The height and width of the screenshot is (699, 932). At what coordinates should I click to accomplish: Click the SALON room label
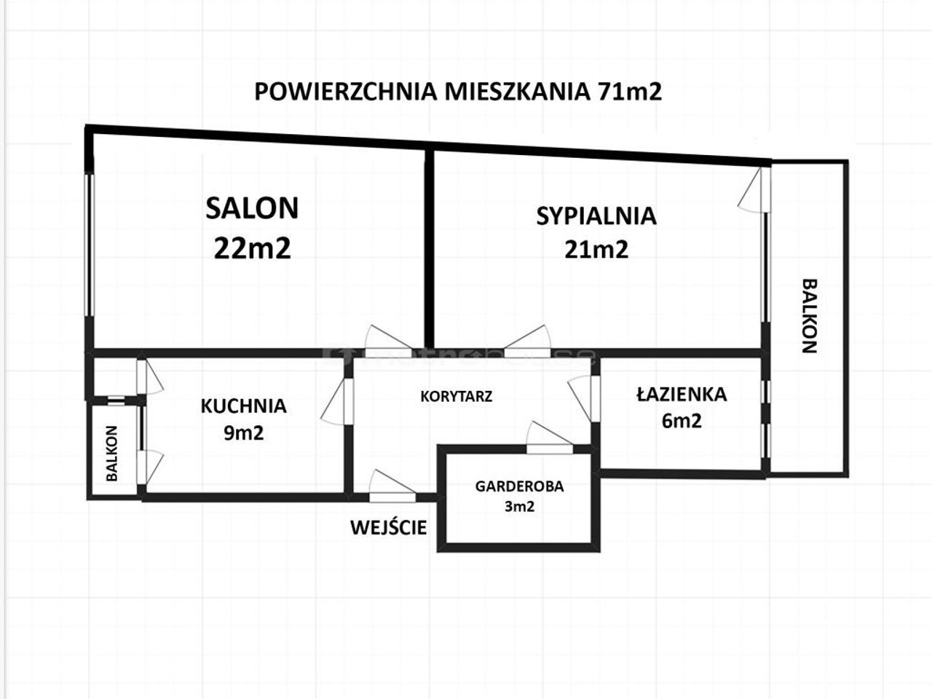pyautogui.click(x=252, y=208)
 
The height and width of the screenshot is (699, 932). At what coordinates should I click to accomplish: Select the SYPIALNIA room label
pyautogui.click(x=596, y=216)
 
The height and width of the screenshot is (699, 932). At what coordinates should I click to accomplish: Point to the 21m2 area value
pyautogui.click(x=596, y=250)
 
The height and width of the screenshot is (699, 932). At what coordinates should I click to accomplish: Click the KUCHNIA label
pyautogui.click(x=243, y=406)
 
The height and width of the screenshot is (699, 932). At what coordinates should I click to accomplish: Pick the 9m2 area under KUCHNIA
pyautogui.click(x=244, y=433)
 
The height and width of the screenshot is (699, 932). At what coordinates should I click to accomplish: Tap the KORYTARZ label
pyautogui.click(x=456, y=396)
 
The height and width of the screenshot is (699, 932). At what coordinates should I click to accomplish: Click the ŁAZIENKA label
pyautogui.click(x=682, y=393)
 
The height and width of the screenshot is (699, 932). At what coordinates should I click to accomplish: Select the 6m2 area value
pyautogui.click(x=682, y=421)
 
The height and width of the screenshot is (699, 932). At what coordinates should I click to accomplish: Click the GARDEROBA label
pyautogui.click(x=519, y=486)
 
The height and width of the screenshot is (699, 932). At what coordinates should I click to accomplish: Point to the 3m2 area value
pyautogui.click(x=519, y=507)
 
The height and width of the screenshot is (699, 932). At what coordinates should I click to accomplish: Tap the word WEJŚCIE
pyautogui.click(x=389, y=528)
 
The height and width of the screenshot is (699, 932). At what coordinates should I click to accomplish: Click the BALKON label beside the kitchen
pyautogui.click(x=111, y=454)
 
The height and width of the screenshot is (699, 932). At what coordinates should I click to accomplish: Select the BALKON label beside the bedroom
pyautogui.click(x=810, y=316)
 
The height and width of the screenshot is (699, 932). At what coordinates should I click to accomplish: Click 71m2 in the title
pyautogui.click(x=630, y=92)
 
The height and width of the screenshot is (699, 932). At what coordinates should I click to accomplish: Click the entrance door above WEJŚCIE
pyautogui.click(x=392, y=487)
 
